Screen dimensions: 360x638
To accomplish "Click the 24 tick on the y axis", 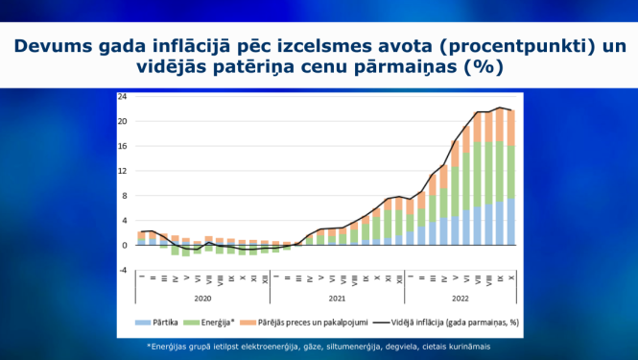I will click(122, 97).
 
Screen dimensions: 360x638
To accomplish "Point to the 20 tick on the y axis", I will click(122, 122).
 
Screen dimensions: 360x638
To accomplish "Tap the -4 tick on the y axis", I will click(122, 270).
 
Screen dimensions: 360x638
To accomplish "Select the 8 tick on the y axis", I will click(123, 196).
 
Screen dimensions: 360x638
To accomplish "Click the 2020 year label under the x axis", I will click(201, 299).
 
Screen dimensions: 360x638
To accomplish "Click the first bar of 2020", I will click(141, 238).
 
